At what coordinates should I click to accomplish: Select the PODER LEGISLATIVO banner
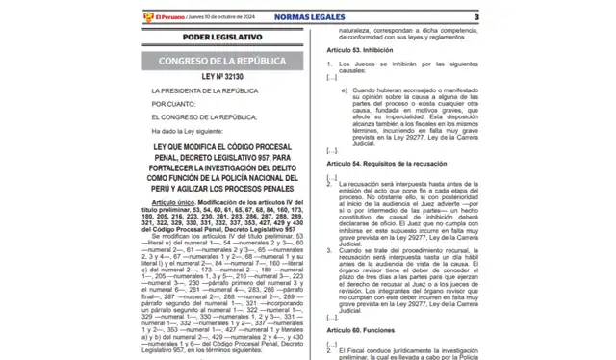point(183,39)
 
